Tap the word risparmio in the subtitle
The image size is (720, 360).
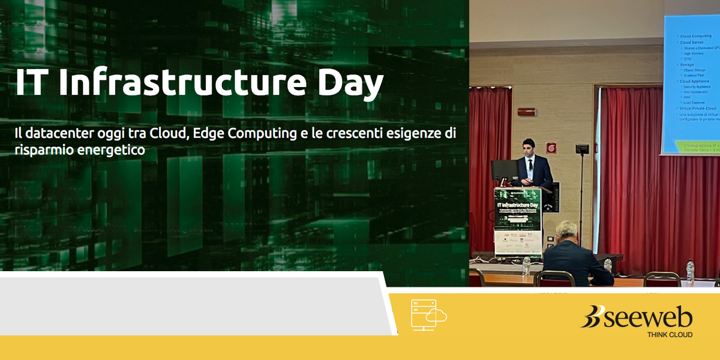[x=42, y=151]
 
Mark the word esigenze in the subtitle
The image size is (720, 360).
[x=414, y=133]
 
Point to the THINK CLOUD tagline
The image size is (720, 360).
[x=669, y=334]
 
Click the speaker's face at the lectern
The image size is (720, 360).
[x=527, y=147]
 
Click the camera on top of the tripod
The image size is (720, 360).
[x=581, y=149]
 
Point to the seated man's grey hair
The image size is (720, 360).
[x=566, y=229]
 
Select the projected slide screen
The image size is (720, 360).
[x=690, y=84]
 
